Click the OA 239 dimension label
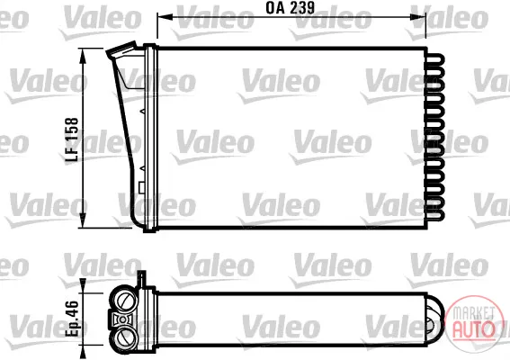(291, 8)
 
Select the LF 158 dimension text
(72, 139)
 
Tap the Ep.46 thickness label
(72, 319)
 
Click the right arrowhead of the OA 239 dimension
(418, 16)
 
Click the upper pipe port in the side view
(125, 300)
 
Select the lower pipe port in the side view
(125, 337)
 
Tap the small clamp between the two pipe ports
(122, 319)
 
